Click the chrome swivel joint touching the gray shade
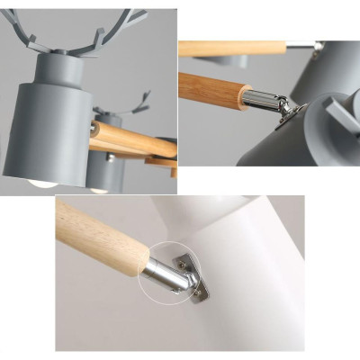point(287,109)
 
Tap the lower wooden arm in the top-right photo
point(214,87)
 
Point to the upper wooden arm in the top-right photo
point(232,47)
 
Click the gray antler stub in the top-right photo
point(342,117)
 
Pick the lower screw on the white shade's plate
point(197,293)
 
